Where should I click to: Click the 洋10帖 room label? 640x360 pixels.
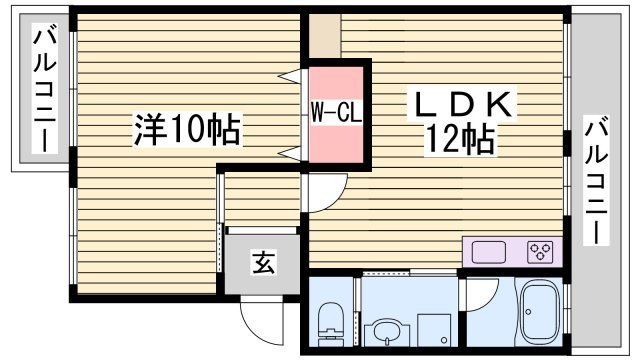pos(187,128)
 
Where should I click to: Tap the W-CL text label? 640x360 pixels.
pos(334,110)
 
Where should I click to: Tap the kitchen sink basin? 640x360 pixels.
pos(491,251)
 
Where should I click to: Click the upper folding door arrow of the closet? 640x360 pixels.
pos(291,75)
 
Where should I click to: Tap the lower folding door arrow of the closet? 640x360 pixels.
pos(291,152)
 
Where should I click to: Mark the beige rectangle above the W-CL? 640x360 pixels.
pos(323,36)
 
